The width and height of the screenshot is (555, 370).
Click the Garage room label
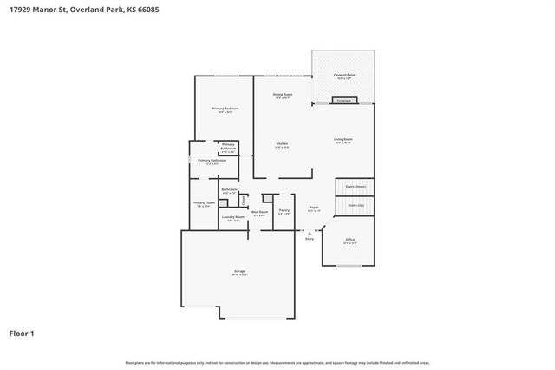(x=238, y=273)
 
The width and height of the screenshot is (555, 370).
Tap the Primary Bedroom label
(x=225, y=109)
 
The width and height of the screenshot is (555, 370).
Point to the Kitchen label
(x=282, y=145)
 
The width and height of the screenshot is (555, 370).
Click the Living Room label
(x=343, y=141)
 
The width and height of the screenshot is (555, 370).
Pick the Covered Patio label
(x=344, y=76)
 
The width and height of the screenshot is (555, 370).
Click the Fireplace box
(x=344, y=101)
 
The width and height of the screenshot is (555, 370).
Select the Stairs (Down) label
(x=356, y=186)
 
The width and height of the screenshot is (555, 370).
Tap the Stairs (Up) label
(x=356, y=206)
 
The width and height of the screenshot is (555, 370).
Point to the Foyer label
(x=315, y=208)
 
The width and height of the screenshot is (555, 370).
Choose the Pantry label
(x=284, y=211)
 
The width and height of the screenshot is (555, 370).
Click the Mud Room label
(x=259, y=213)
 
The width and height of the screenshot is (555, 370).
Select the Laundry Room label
(x=232, y=219)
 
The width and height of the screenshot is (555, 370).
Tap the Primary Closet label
(x=204, y=204)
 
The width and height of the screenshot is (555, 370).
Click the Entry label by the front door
(x=309, y=238)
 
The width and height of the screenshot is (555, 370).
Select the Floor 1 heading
(x=23, y=333)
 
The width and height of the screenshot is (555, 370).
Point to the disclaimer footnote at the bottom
(x=277, y=362)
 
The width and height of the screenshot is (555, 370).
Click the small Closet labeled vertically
(x=244, y=200)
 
